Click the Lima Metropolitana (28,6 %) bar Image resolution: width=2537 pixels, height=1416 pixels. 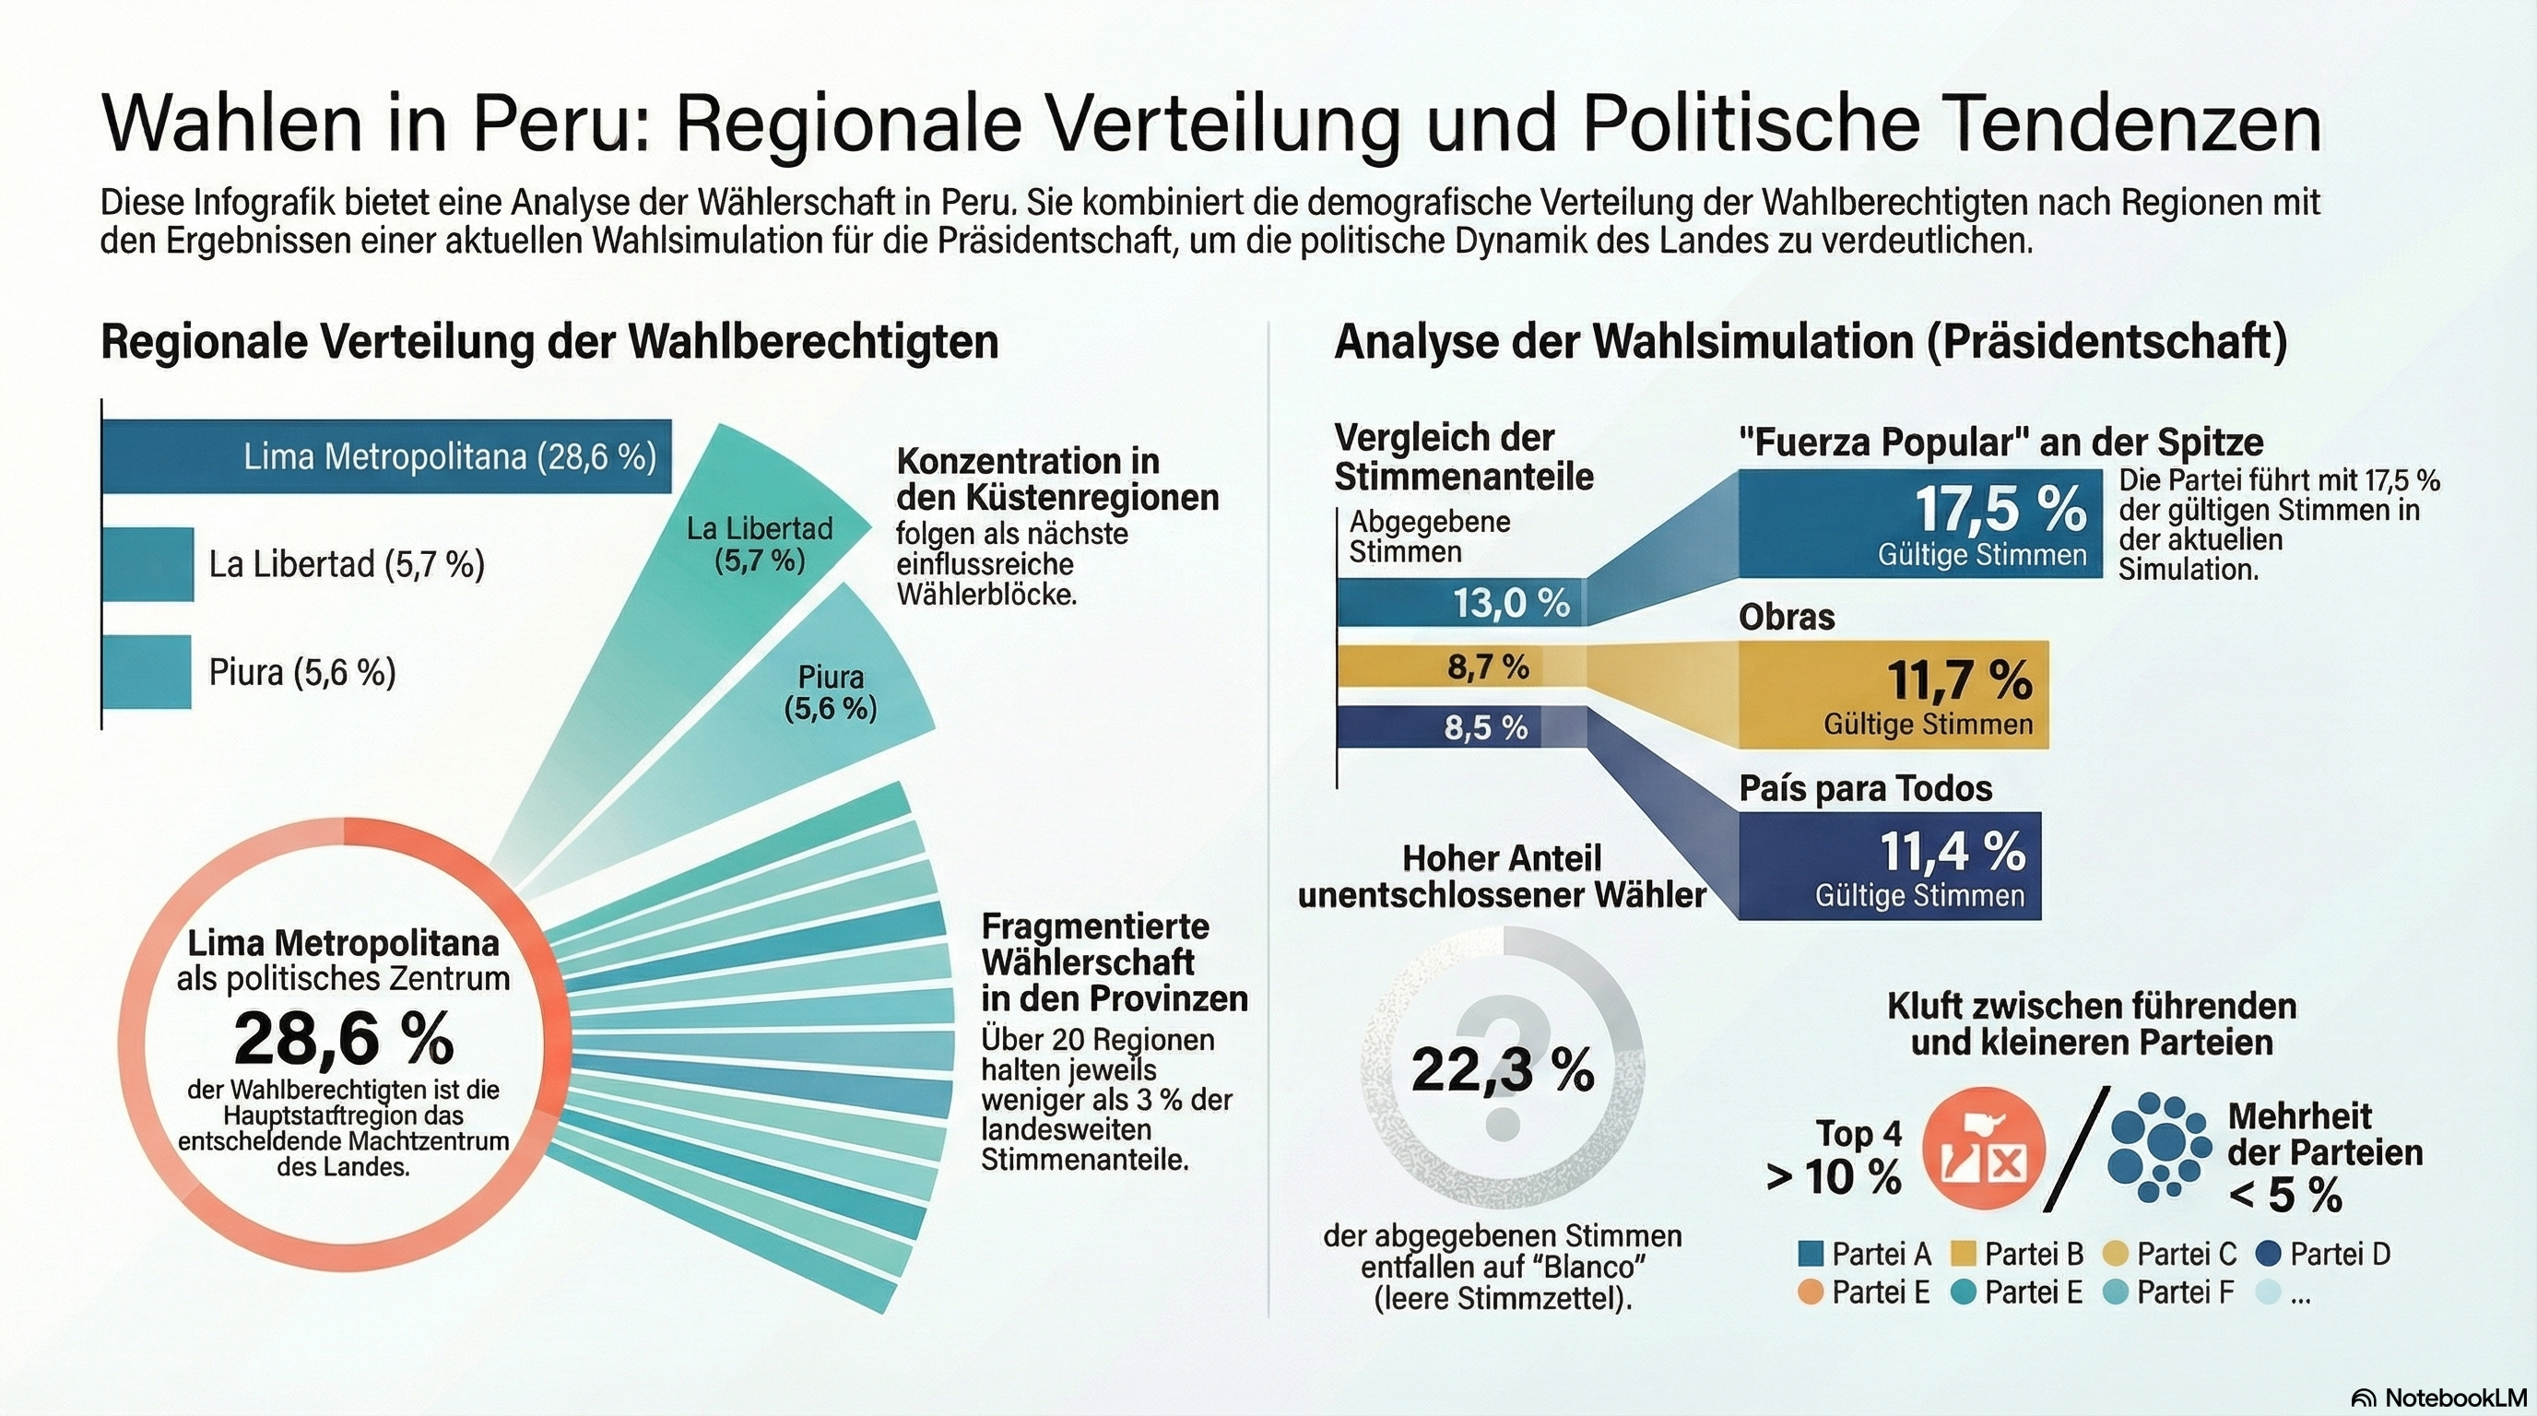pyautogui.click(x=386, y=456)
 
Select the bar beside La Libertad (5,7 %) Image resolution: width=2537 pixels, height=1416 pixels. pyautogui.click(x=147, y=564)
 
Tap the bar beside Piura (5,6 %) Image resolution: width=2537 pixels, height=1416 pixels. pyautogui.click(x=147, y=671)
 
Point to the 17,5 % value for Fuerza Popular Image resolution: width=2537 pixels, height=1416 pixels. pyautogui.click(x=2000, y=509)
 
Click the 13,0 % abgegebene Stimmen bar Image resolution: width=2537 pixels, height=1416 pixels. pyautogui.click(x=1460, y=603)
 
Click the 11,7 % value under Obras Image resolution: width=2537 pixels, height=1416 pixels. pyautogui.click(x=1958, y=679)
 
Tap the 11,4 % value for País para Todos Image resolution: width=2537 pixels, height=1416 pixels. pyautogui.click(x=1952, y=851)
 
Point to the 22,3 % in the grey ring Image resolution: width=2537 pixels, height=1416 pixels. pyautogui.click(x=1502, y=1070)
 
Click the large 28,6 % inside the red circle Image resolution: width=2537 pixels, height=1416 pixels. pyautogui.click(x=344, y=1039)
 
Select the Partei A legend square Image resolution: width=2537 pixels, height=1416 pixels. pyautogui.click(x=1811, y=1254)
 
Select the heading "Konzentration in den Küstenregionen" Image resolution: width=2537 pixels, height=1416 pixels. pyautogui.click(x=1056, y=478)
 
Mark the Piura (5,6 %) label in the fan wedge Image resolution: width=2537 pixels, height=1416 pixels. pyautogui.click(x=831, y=692)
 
